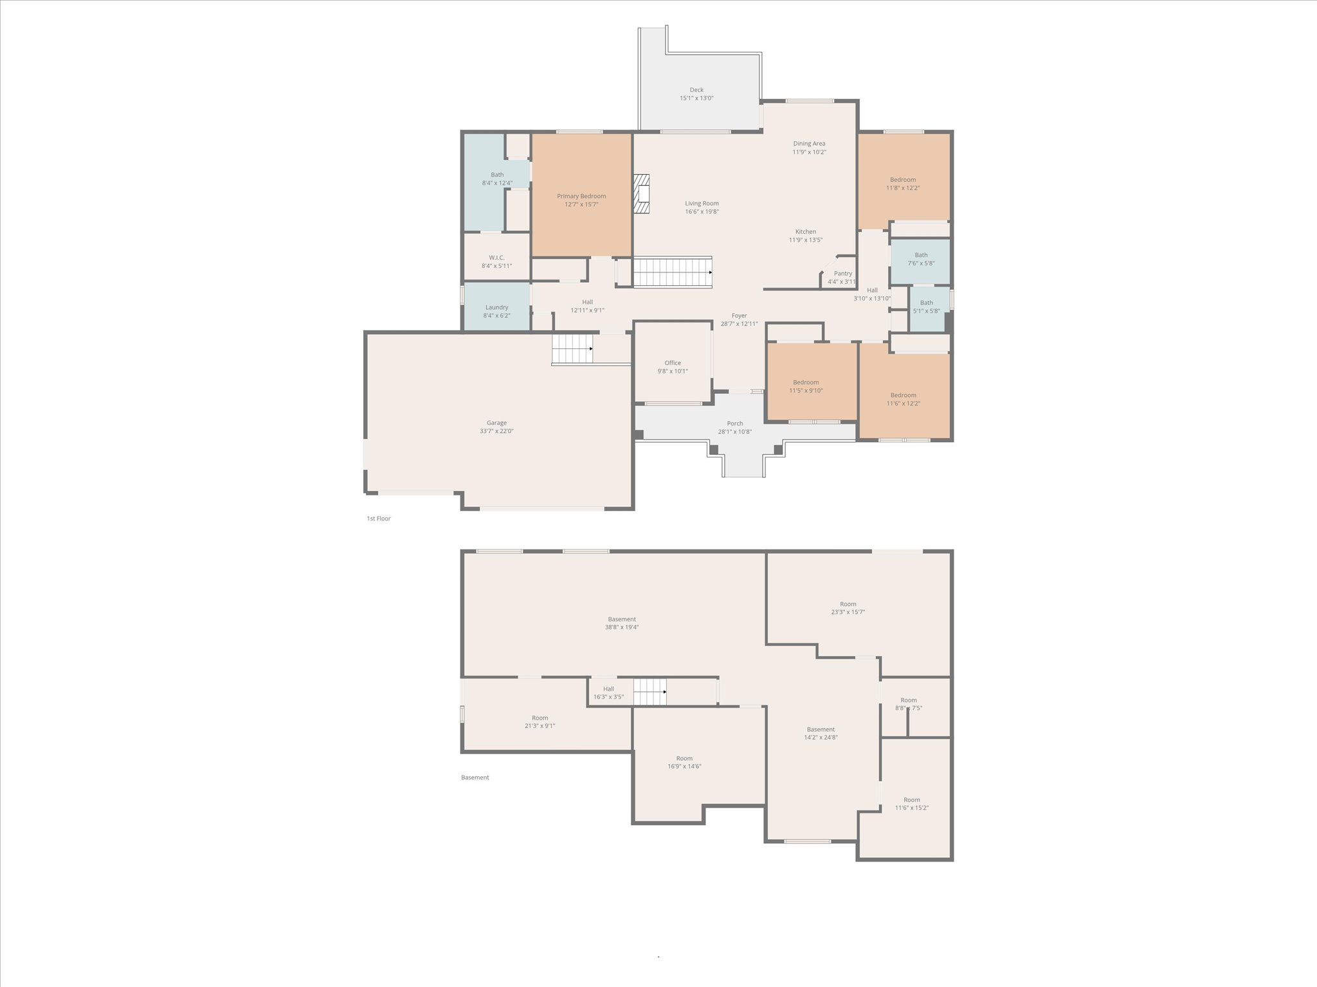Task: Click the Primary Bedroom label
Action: point(581,196)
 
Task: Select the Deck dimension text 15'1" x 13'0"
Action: point(696,98)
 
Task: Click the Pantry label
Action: point(842,273)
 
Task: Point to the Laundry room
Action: point(496,308)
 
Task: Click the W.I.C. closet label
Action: point(496,258)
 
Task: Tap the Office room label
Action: point(673,363)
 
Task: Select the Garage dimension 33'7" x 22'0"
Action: point(496,431)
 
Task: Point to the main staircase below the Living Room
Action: point(672,272)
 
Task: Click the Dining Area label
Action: point(809,144)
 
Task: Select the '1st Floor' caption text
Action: point(379,519)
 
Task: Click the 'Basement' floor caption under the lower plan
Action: point(475,778)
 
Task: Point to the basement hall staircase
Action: point(649,692)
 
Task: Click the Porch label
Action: point(735,423)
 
